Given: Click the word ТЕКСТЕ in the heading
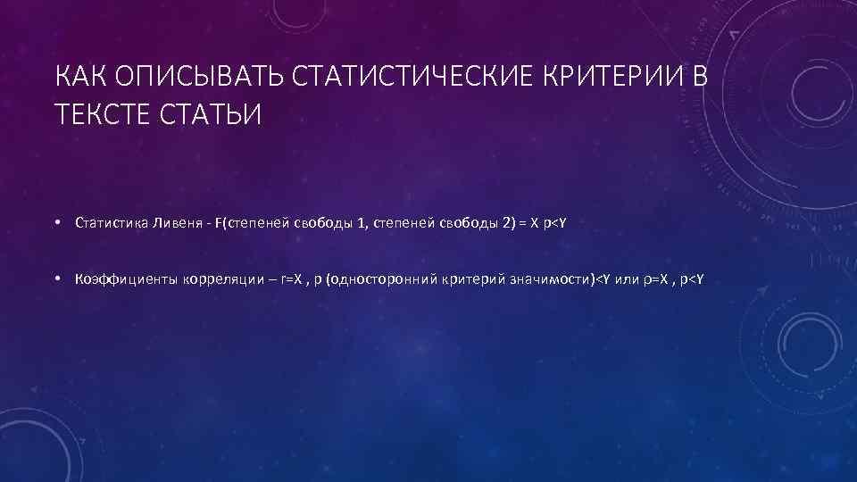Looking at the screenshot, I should click(x=99, y=114).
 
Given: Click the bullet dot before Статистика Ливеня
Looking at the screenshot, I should click(x=56, y=222).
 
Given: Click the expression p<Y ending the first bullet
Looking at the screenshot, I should click(x=555, y=222).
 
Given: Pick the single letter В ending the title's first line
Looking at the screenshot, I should click(x=699, y=79).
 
